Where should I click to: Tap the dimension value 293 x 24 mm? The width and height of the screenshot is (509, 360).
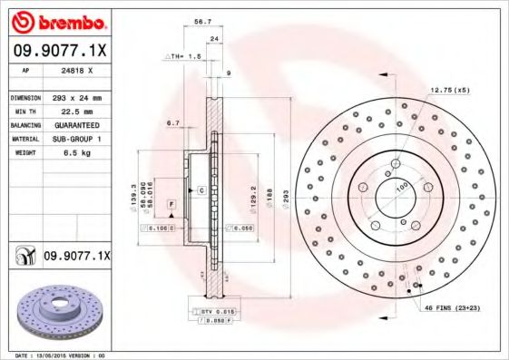coord(73,97)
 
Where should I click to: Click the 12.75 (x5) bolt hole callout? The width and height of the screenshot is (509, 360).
coord(451,90)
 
